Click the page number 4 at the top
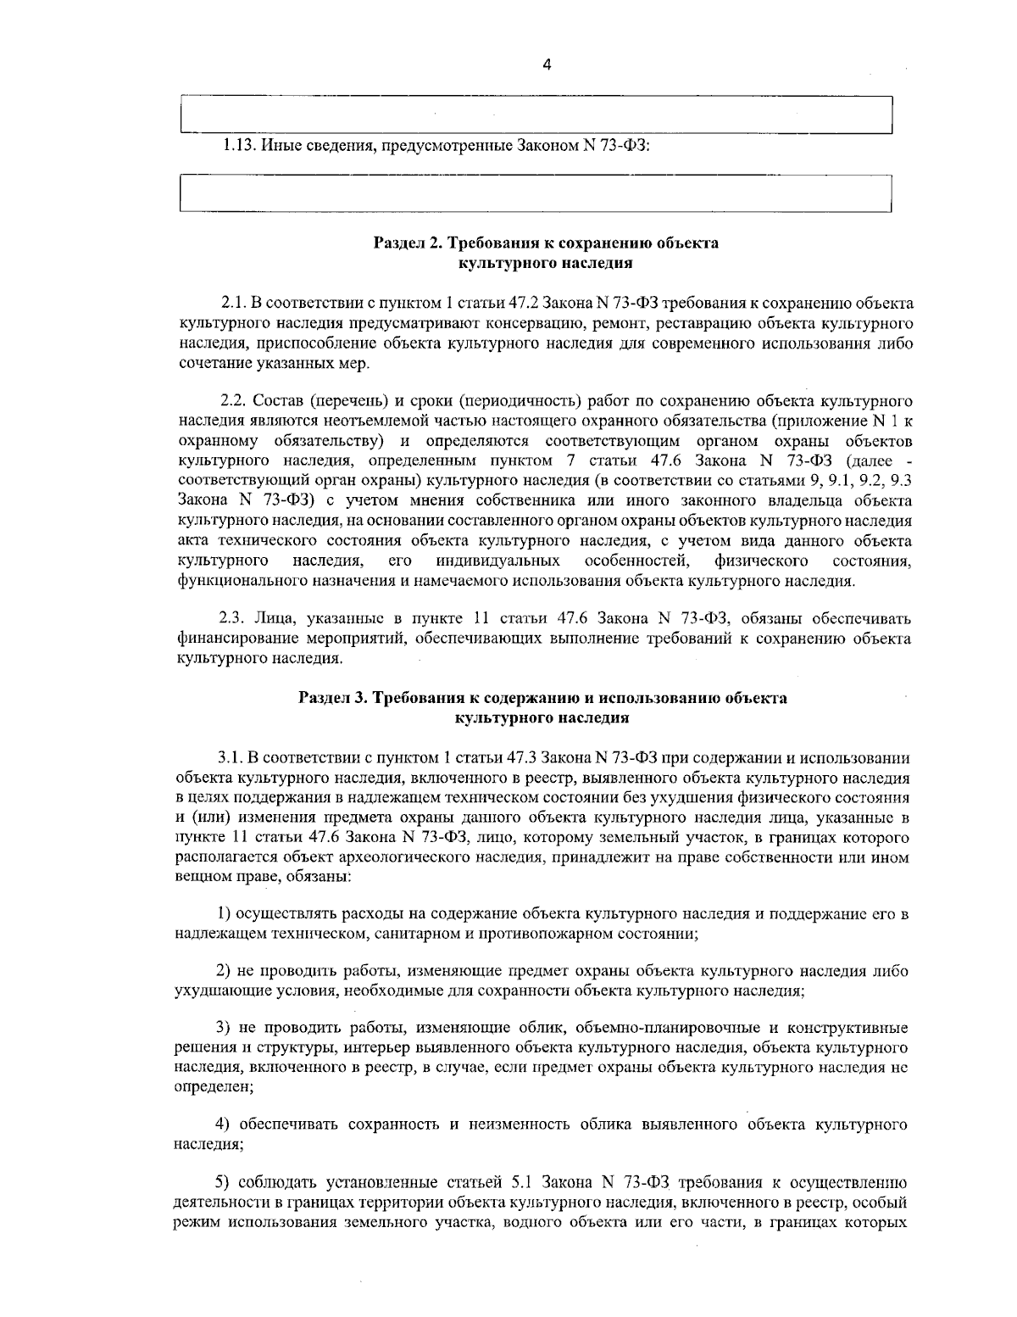click(x=547, y=64)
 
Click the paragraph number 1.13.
click(x=239, y=146)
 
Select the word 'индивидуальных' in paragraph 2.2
click(x=497, y=561)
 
